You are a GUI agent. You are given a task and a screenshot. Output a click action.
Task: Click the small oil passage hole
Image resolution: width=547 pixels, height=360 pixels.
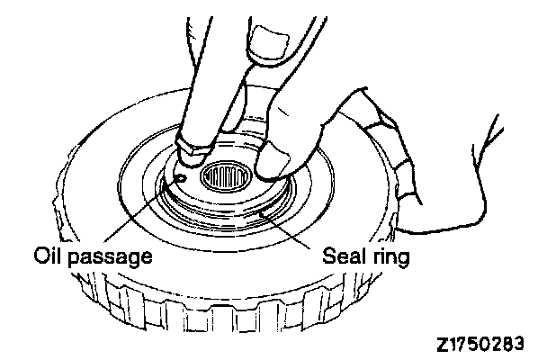(183, 178)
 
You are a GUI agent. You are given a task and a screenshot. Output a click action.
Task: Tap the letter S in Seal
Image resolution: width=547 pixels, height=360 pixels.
(328, 257)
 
